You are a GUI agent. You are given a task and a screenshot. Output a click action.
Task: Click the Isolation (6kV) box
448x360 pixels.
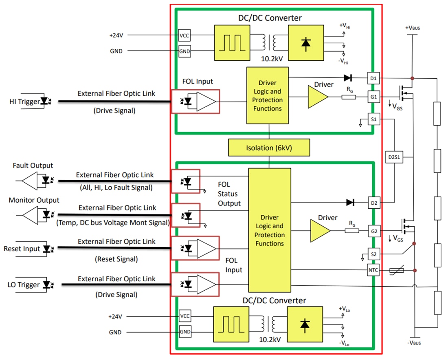point(269,148)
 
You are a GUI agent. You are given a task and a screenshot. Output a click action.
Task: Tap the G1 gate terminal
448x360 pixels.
point(374,97)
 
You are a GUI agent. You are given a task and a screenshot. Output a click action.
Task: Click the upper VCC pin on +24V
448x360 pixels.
point(184,35)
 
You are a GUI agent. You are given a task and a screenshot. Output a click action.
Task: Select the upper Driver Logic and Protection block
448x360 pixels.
point(267,95)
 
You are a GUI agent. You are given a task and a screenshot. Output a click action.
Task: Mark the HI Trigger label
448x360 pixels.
point(24,101)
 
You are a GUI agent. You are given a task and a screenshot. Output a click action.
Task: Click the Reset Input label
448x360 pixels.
point(22,249)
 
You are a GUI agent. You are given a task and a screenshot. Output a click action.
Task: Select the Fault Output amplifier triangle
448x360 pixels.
point(30,180)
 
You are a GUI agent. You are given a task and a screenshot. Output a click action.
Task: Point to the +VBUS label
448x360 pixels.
point(412,28)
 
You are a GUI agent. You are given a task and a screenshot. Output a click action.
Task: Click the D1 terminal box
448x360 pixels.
point(374,77)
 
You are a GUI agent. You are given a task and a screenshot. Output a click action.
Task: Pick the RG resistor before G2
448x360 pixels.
point(352,231)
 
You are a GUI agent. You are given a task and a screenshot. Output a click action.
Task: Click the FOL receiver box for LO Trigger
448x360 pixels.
point(195,284)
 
